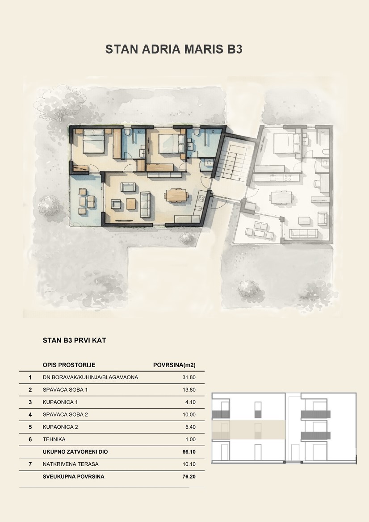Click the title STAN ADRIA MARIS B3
tap(174, 49)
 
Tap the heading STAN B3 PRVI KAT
tap(74, 340)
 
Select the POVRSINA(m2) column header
tap(174, 365)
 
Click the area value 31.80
tap(189, 377)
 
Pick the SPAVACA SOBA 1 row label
tap(65, 389)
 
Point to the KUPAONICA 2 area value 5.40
tap(190, 427)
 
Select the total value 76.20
tap(189, 476)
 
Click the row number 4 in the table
tap(30, 414)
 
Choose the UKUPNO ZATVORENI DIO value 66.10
tap(189, 452)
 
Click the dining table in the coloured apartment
tap(176, 195)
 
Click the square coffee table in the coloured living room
tap(131, 204)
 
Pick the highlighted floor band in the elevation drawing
tap(249, 430)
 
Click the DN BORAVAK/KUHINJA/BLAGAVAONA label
tap(90, 377)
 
